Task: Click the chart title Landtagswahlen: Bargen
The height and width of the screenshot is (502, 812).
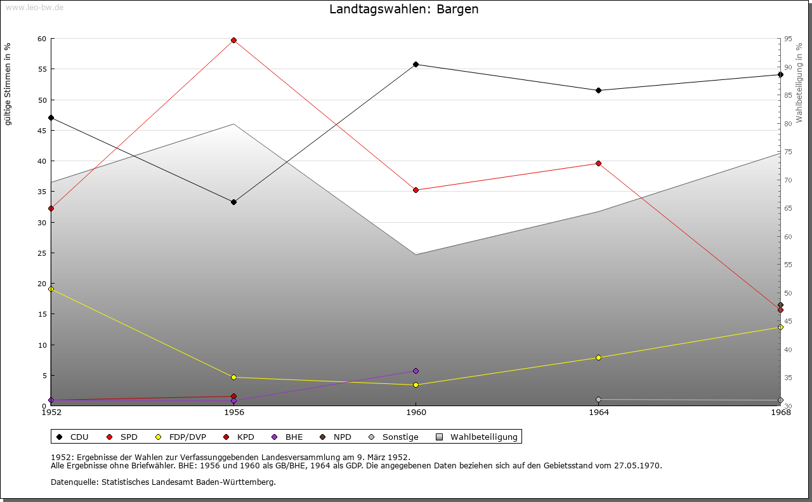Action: [404, 10]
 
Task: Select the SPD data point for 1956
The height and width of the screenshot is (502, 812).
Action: [233, 40]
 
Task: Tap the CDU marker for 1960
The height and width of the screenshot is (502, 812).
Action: [416, 64]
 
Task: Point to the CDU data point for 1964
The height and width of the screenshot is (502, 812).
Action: [598, 90]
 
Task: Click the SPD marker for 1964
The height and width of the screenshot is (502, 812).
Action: [598, 164]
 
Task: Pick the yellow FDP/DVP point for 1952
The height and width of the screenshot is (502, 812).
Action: [51, 289]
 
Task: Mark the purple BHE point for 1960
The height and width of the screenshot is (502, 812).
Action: [416, 371]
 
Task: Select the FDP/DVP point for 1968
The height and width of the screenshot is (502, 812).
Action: [780, 327]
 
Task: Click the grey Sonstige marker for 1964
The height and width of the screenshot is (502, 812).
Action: [598, 399]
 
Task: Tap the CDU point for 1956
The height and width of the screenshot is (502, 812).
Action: [233, 202]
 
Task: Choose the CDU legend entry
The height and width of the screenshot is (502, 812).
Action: [73, 437]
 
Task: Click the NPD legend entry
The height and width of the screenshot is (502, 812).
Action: [336, 437]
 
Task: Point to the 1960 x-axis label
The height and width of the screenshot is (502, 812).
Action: [416, 413]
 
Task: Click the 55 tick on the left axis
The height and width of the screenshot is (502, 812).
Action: [41, 69]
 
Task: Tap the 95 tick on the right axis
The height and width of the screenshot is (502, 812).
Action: [788, 39]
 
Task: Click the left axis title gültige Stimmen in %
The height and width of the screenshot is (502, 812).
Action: [8, 84]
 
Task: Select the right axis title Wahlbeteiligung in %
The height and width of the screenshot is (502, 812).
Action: [799, 83]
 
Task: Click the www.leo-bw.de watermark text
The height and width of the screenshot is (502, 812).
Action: [34, 7]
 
